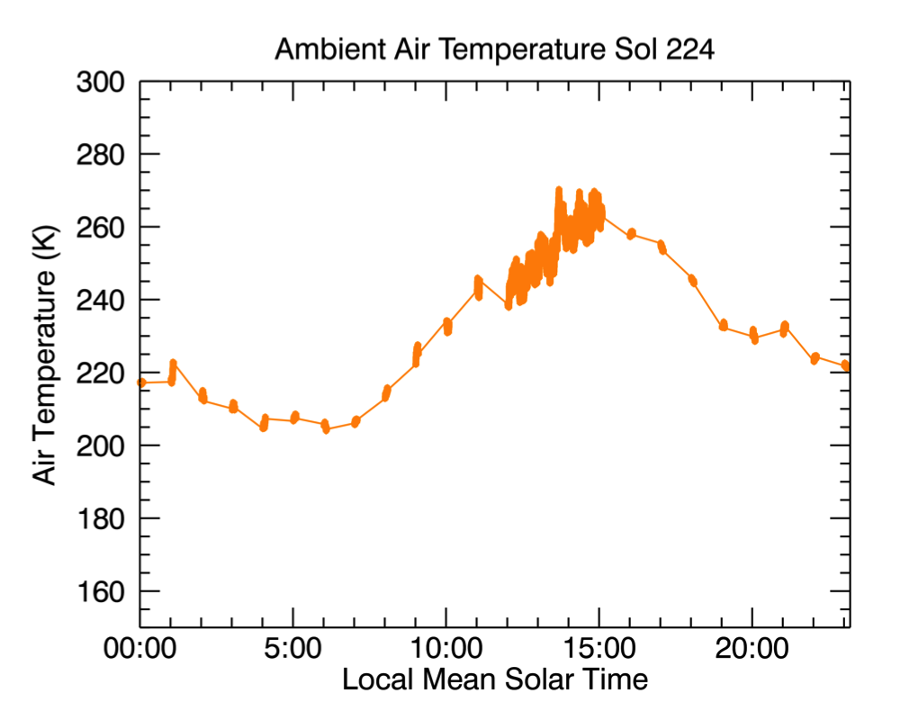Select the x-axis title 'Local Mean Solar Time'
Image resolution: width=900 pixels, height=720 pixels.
tap(494, 679)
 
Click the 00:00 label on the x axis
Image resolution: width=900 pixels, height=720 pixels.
tap(140, 650)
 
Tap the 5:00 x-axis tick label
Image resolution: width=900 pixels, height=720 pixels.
tap(292, 650)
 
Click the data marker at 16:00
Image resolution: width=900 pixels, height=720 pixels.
tap(631, 233)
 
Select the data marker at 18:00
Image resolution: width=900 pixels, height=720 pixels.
tap(692, 280)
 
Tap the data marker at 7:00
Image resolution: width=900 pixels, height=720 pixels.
tap(355, 421)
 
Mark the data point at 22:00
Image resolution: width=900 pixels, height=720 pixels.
tap(814, 358)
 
